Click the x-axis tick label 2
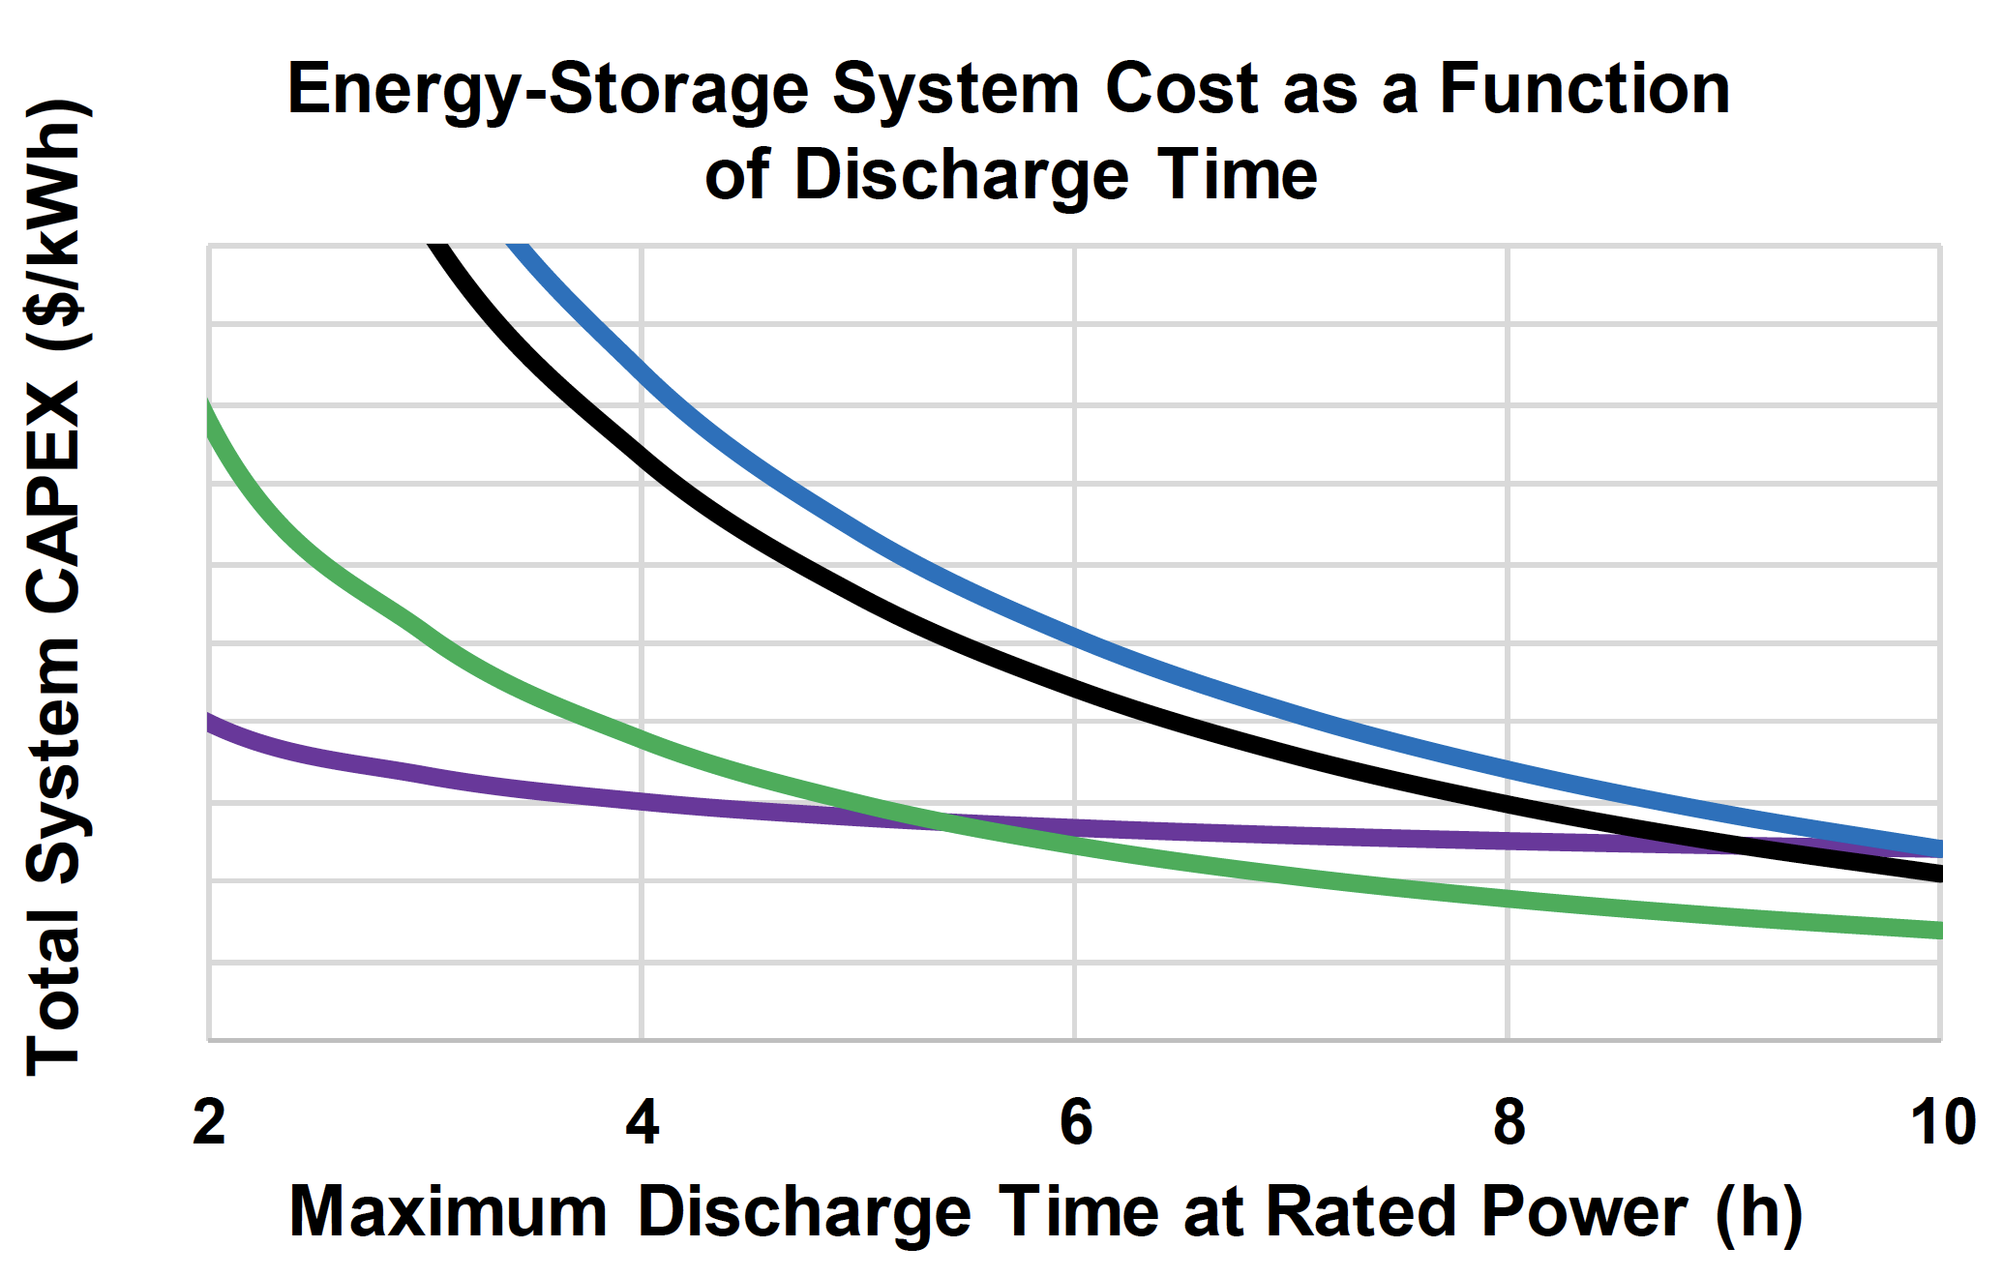point(209,1124)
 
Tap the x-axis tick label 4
point(642,1124)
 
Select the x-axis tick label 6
point(1075,1124)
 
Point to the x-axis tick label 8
point(1509,1124)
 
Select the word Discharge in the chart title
point(961,177)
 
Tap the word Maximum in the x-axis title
point(449,1211)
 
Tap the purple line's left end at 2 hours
point(210,722)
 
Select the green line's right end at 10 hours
point(1938,931)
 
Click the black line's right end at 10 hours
point(1938,875)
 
